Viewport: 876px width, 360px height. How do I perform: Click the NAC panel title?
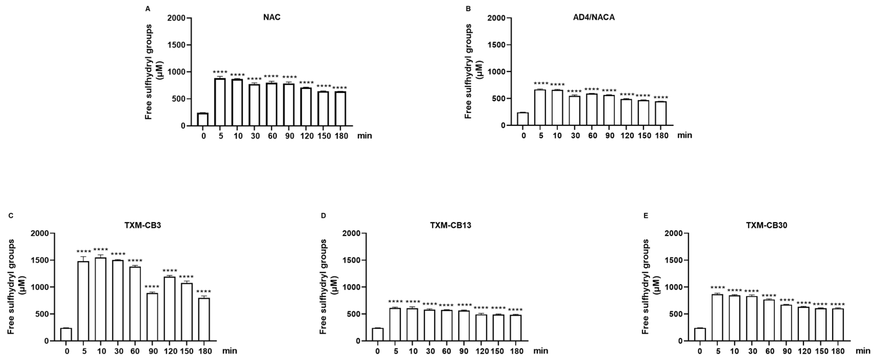272,17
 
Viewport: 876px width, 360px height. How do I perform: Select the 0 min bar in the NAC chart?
203,119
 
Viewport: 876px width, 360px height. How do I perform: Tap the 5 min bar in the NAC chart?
220,102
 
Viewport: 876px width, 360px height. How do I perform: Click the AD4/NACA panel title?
594,17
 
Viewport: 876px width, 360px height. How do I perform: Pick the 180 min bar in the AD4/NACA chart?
661,114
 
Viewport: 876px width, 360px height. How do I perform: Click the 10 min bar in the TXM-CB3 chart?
101,299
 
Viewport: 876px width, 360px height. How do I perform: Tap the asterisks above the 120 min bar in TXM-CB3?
170,271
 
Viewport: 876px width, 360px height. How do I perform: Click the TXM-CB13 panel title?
451,225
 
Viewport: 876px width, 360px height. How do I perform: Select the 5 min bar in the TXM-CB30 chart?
717,317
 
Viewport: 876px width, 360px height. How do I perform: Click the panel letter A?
148,9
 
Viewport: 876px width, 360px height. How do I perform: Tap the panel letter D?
323,215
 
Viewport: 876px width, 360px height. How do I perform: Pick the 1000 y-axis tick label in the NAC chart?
176,72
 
